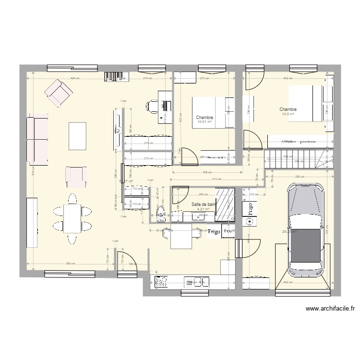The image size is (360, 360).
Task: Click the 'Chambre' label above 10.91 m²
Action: (x=204, y=118)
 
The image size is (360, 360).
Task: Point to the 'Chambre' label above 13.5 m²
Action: (x=288, y=109)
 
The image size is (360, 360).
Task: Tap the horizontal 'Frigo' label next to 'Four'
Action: (x=214, y=232)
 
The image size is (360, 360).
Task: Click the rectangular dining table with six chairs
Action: (x=72, y=218)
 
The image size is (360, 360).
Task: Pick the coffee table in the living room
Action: (x=77, y=136)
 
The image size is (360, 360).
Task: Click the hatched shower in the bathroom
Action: (x=225, y=204)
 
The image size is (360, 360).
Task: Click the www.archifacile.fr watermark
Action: (x=330, y=309)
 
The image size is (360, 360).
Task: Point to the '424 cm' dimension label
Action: (x=75, y=78)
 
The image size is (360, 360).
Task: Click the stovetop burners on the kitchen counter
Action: (x=161, y=281)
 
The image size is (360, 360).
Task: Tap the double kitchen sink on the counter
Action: (x=197, y=281)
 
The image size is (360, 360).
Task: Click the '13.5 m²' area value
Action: (x=288, y=115)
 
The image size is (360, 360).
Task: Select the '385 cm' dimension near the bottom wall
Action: (x=70, y=264)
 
